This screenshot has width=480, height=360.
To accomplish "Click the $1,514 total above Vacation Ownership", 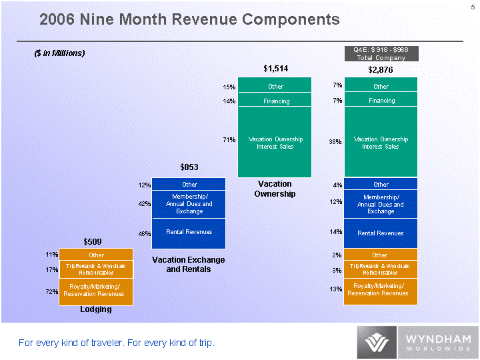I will pyautogui.click(x=275, y=68).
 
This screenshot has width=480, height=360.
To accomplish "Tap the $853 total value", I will pyautogui.click(x=190, y=167).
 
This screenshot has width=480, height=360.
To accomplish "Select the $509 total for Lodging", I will pyautogui.click(x=93, y=240).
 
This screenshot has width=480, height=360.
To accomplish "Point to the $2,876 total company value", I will pyautogui.click(x=381, y=69).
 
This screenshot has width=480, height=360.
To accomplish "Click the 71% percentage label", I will pyautogui.click(x=229, y=140).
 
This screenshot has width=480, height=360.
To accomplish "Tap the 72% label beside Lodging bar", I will pyautogui.click(x=52, y=292).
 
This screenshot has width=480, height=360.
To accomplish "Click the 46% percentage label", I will pyautogui.click(x=144, y=234).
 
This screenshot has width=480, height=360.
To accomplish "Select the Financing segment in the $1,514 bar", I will pyautogui.click(x=275, y=101).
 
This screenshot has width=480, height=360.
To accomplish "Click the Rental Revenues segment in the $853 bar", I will pyautogui.click(x=189, y=233).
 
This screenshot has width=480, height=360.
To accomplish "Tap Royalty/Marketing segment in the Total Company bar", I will pyautogui.click(x=381, y=291).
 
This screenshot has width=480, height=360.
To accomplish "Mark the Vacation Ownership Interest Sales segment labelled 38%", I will pyautogui.click(x=381, y=142).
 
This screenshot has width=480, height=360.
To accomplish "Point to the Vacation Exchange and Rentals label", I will pyautogui.click(x=189, y=264).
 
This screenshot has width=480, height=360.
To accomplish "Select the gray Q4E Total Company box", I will pyautogui.click(x=381, y=53).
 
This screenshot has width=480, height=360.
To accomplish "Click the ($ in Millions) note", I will pyautogui.click(x=60, y=53).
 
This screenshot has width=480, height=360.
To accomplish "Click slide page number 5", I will pyautogui.click(x=473, y=7).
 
